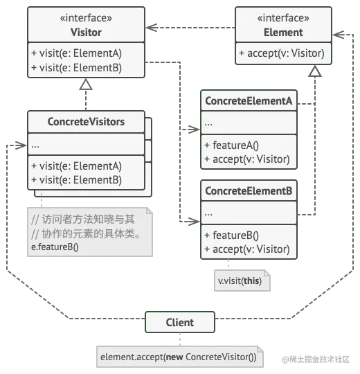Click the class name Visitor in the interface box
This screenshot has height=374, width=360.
86,32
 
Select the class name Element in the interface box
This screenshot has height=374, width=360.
283,32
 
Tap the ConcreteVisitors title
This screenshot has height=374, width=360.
86,122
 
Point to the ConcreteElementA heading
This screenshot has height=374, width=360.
249,101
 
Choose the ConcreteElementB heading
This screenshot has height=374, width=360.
249,191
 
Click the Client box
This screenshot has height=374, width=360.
180,322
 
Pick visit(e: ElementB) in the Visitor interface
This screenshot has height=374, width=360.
76,67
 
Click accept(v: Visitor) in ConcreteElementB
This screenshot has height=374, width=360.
246,249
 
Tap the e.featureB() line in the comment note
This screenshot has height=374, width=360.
55,247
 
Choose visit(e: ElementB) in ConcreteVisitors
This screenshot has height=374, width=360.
76,179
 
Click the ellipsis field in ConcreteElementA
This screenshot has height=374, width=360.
209,124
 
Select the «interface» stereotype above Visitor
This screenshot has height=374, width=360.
86,18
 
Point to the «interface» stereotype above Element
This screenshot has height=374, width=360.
283,18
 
